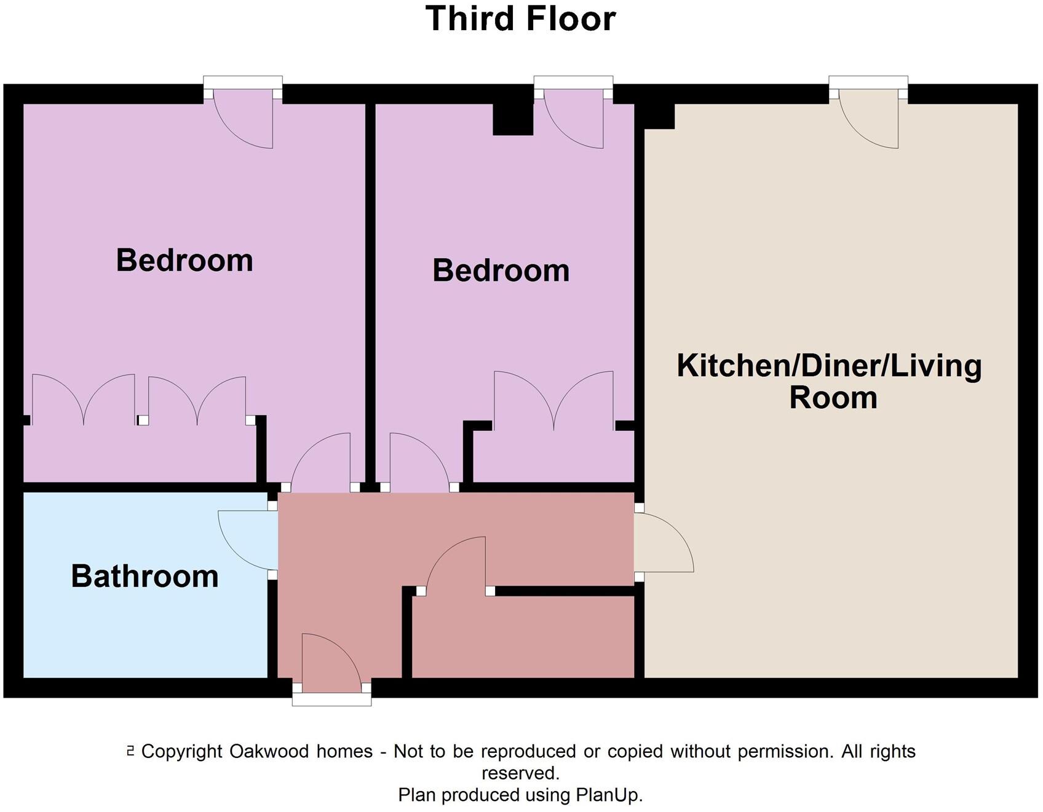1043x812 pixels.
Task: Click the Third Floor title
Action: pos(520,18)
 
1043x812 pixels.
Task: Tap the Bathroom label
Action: pos(145,577)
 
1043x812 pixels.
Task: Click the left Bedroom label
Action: pos(184,260)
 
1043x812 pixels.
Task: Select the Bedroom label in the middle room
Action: pos(501,270)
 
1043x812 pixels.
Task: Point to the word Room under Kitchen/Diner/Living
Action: pos(833,398)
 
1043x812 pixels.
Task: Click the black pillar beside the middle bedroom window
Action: pos(513,119)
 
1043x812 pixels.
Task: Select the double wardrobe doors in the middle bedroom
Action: pos(553,400)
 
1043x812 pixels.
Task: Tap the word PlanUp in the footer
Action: pos(609,795)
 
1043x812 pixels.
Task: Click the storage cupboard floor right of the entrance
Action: pos(523,636)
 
